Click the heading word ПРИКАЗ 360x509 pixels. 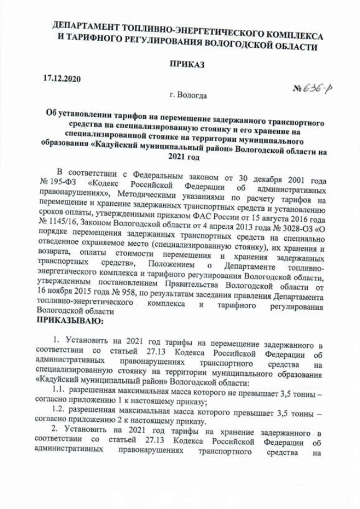187,64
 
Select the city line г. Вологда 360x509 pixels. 188,96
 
